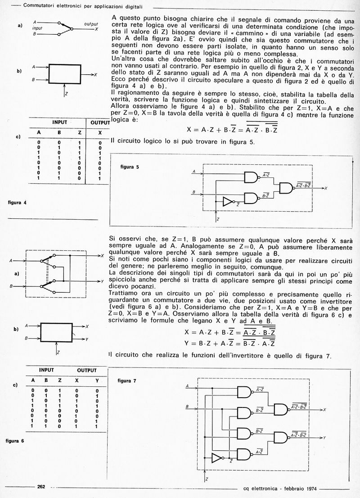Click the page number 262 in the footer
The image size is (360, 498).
point(41,486)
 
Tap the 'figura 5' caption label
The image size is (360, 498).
point(130,167)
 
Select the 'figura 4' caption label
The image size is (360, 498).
point(18,202)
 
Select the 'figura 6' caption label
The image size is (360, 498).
point(17,440)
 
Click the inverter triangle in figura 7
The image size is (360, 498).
point(217,458)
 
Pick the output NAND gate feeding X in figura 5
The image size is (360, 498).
point(287,188)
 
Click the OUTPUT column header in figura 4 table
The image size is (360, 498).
point(97,122)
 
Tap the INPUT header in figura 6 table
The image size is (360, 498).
point(46,370)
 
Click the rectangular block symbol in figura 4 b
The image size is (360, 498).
point(65,72)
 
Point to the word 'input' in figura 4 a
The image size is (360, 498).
point(36,28)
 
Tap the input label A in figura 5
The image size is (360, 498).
point(194,172)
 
